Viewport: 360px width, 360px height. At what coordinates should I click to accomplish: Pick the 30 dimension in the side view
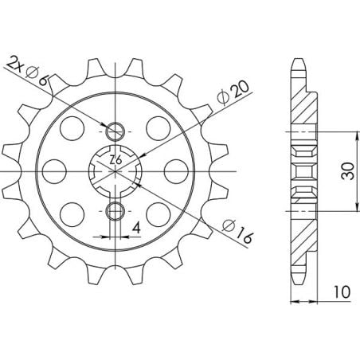point(348,171)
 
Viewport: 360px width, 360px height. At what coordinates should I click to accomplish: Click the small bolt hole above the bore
point(116,131)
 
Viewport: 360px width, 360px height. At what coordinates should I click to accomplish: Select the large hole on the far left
point(53,171)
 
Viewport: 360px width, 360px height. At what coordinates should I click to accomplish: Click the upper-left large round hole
point(73,126)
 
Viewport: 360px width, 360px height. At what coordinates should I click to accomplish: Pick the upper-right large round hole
point(160,126)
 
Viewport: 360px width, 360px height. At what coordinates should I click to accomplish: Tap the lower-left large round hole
point(73,213)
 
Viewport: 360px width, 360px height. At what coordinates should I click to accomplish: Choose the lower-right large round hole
point(160,213)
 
